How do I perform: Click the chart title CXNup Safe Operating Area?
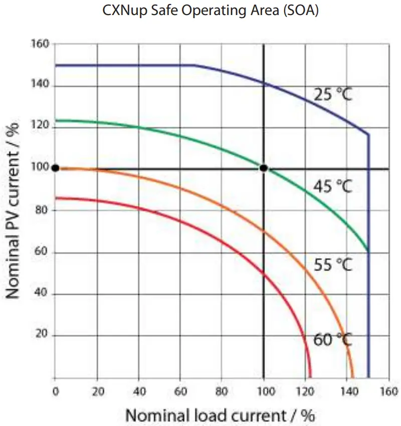pyautogui.click(x=211, y=11)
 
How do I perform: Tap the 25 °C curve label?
pyautogui.click(x=333, y=94)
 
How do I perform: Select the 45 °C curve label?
pyautogui.click(x=333, y=186)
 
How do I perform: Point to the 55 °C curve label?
pyautogui.click(x=333, y=264)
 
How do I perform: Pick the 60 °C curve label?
pyautogui.click(x=333, y=340)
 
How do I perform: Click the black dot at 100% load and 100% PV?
pyautogui.click(x=264, y=168)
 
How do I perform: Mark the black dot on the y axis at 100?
pyautogui.click(x=55, y=168)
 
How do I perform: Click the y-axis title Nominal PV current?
pyautogui.click(x=14, y=210)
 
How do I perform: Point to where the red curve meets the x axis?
pyautogui.click(x=310, y=377)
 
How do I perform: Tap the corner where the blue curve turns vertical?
pyautogui.click(x=368, y=134)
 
